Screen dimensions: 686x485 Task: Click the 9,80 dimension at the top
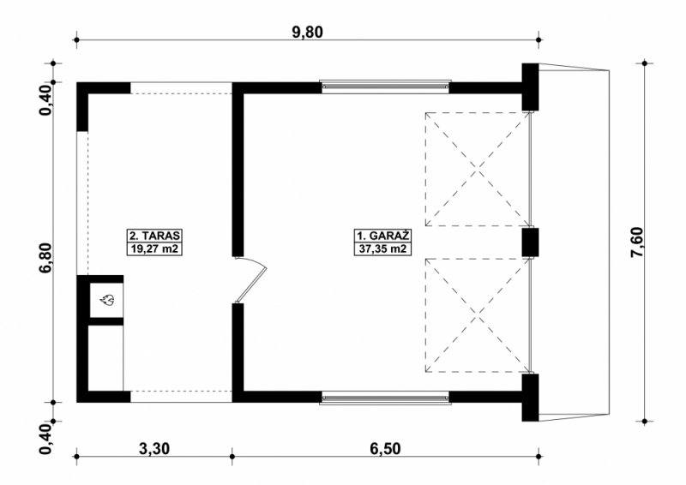[x=308, y=33]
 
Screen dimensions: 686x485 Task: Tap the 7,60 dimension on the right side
[x=637, y=242]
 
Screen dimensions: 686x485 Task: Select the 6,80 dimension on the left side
[x=46, y=258]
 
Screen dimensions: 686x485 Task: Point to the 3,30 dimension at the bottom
[x=154, y=449]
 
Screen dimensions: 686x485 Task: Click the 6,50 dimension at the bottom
[x=385, y=449]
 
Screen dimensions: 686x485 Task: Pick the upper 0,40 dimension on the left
[x=46, y=101]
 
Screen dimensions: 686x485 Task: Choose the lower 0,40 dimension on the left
[x=46, y=439]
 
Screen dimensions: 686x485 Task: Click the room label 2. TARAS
[x=154, y=236]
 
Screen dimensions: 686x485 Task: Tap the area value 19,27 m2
[x=154, y=249]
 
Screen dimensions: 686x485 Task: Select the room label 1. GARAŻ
[x=383, y=236]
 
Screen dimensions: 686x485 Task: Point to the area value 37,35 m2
[x=383, y=249]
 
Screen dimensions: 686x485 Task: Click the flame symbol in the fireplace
[x=106, y=300]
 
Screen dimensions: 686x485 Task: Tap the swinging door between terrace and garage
[x=250, y=280]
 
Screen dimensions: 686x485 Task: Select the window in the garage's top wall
[x=385, y=87]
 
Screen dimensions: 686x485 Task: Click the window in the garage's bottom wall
[x=385, y=398]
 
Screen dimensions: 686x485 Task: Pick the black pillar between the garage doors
[x=530, y=242]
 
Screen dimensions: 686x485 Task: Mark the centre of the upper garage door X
[x=478, y=170]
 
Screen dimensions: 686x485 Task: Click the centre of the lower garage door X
[x=478, y=315]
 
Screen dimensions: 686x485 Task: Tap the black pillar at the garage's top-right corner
[x=530, y=87]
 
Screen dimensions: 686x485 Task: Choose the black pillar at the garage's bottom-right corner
[x=530, y=398]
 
